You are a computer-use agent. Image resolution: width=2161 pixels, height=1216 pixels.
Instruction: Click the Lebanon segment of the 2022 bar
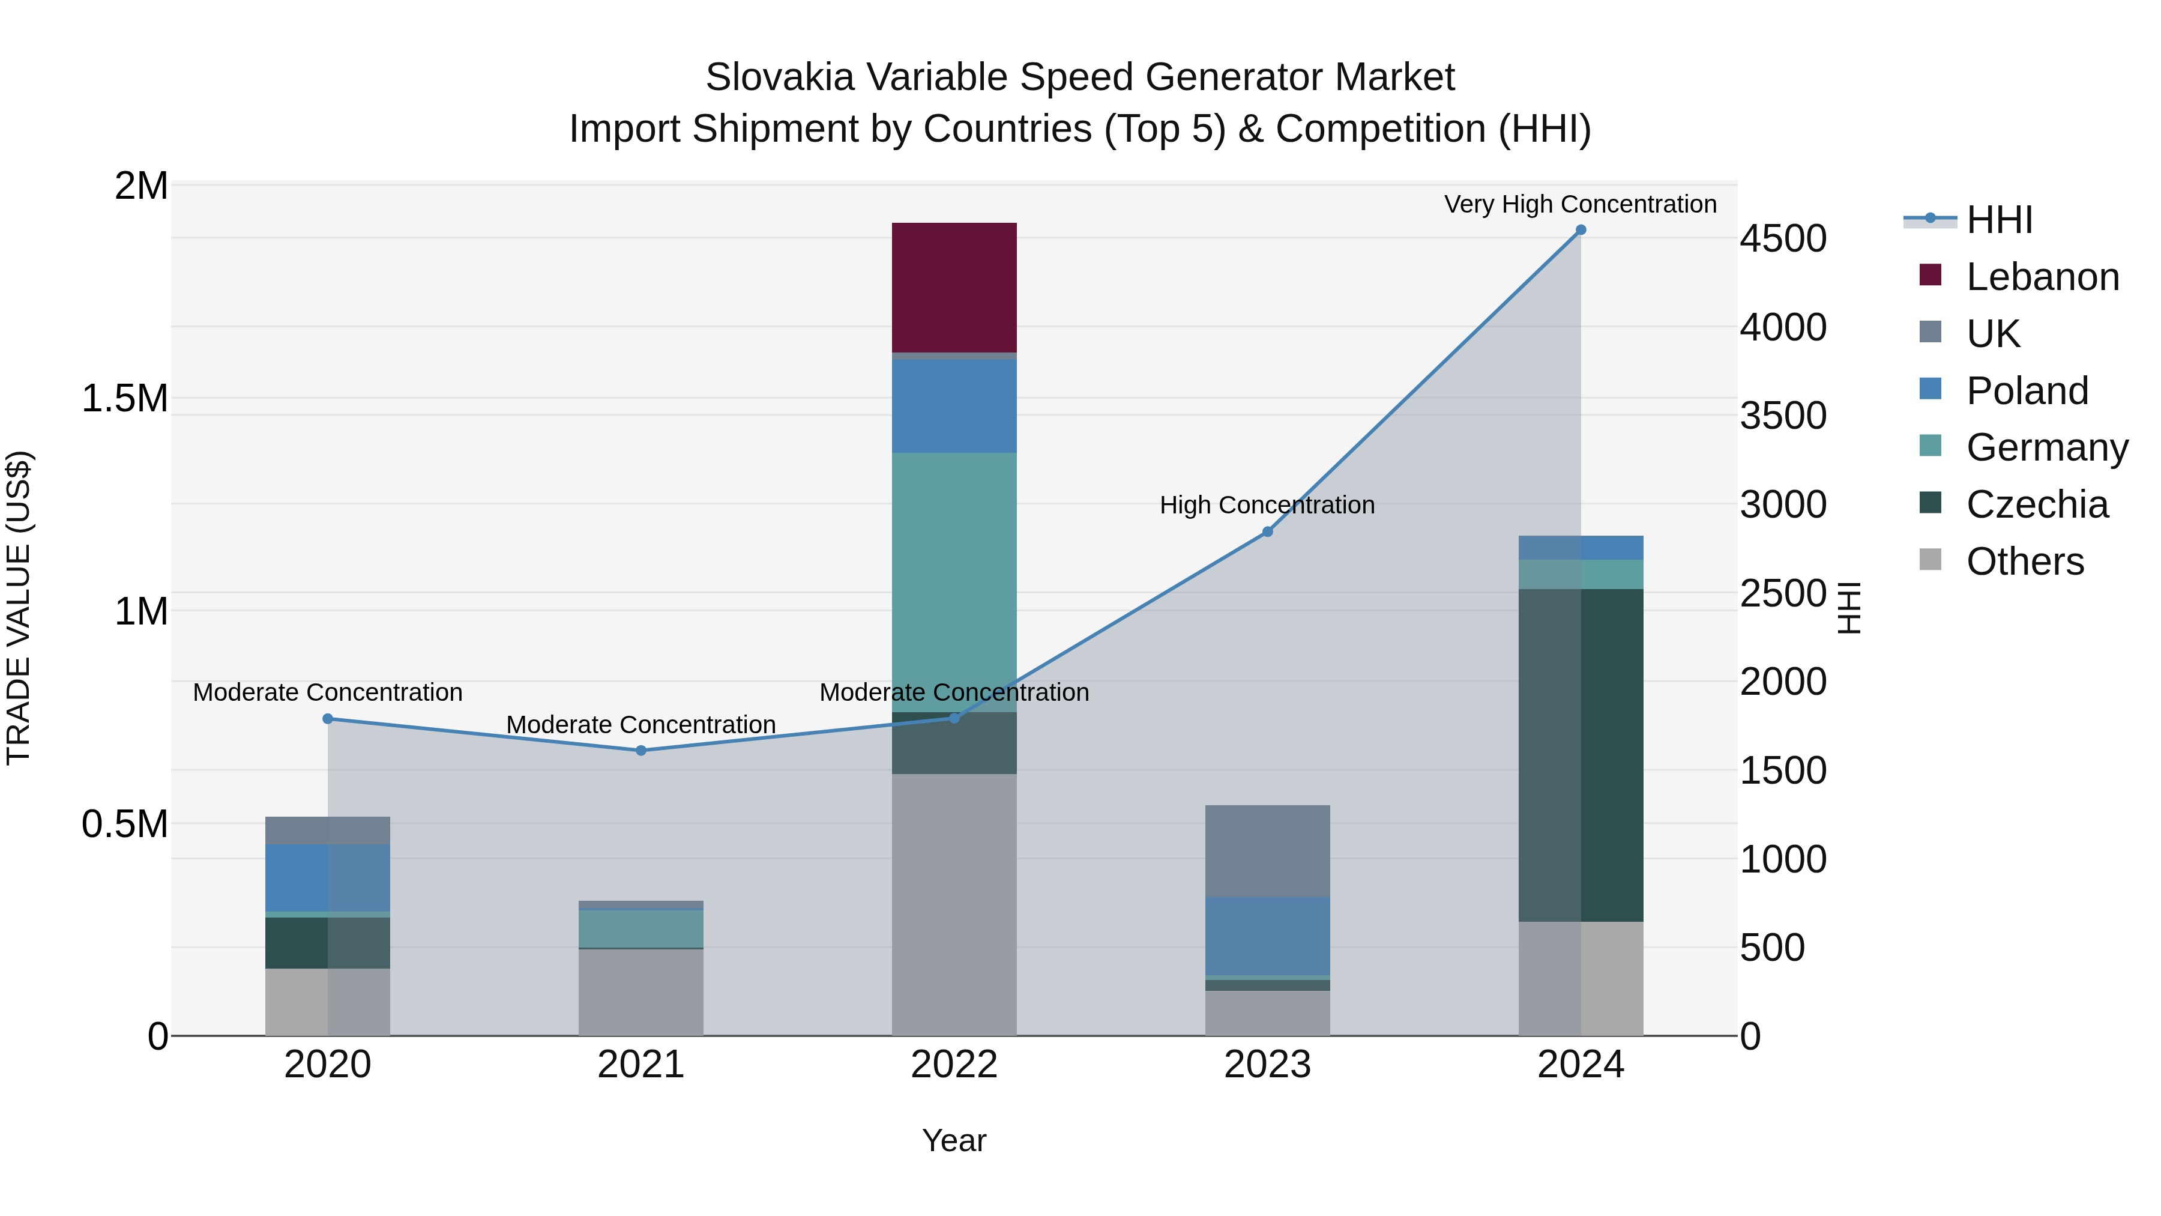pos(954,287)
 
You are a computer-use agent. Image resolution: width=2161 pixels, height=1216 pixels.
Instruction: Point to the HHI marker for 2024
pos(1581,230)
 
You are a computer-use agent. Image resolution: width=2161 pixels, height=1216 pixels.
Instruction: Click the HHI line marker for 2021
pos(641,750)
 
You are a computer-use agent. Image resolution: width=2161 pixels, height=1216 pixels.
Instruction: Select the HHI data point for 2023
pos(1268,532)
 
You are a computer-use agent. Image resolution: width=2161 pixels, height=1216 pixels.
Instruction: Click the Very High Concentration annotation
pos(1580,204)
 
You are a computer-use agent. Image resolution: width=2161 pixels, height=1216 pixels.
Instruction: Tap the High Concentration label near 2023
pos(1267,505)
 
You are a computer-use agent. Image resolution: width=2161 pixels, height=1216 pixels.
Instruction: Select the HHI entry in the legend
pos(1998,220)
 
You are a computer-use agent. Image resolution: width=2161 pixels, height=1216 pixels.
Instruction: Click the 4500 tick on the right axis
pos(1783,238)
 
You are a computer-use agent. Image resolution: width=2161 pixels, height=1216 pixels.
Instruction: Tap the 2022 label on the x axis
pos(954,1065)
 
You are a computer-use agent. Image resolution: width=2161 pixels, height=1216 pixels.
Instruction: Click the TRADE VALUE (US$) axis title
pos(19,608)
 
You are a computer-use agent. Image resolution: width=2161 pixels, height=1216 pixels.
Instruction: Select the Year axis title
pos(954,1140)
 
